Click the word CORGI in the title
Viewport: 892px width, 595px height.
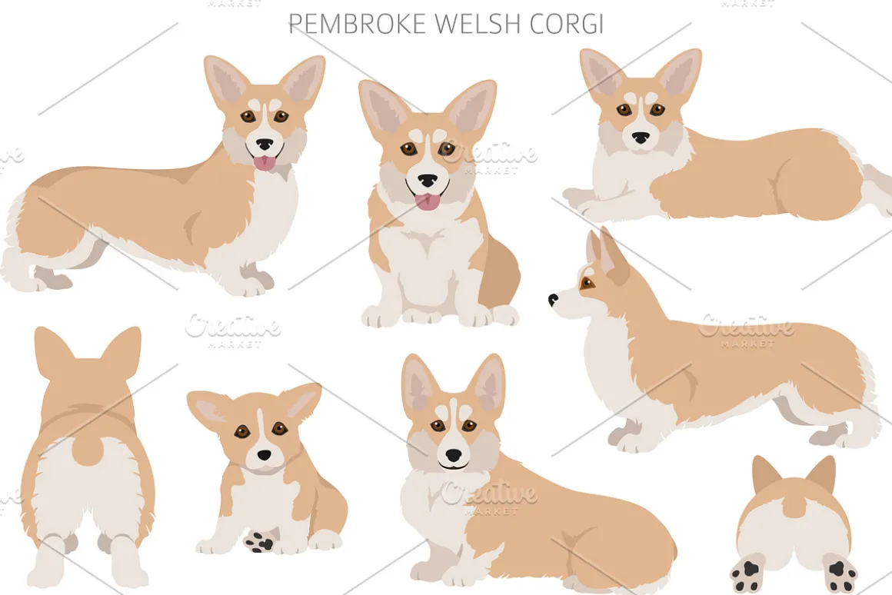click(x=566, y=25)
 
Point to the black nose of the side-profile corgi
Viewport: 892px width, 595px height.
click(x=553, y=298)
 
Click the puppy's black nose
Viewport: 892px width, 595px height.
click(x=264, y=455)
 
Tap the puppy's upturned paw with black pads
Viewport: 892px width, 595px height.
click(x=259, y=540)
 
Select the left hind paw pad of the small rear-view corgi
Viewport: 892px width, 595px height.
click(x=747, y=572)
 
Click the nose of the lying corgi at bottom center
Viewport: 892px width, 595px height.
click(x=454, y=455)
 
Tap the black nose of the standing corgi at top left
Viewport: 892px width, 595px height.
click(x=264, y=145)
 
